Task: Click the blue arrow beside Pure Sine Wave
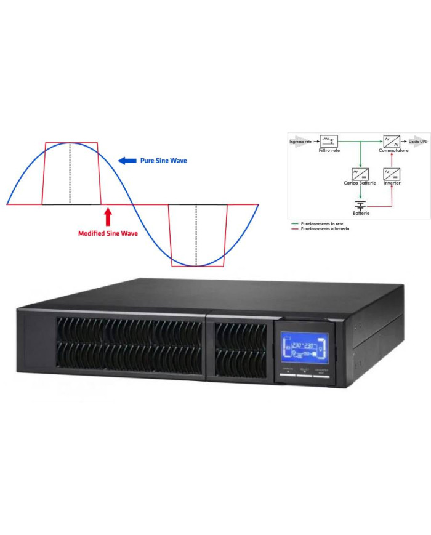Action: tap(127, 161)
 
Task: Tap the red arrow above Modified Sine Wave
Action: tap(108, 217)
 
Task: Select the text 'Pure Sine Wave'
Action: tap(163, 161)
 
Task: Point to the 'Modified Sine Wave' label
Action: tap(108, 233)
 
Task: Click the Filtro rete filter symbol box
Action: tap(329, 141)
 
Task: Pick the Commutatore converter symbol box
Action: tap(392, 141)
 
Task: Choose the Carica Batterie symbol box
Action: tap(360, 174)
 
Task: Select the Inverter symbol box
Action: tap(392, 174)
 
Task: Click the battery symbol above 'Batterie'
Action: tap(360, 204)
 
